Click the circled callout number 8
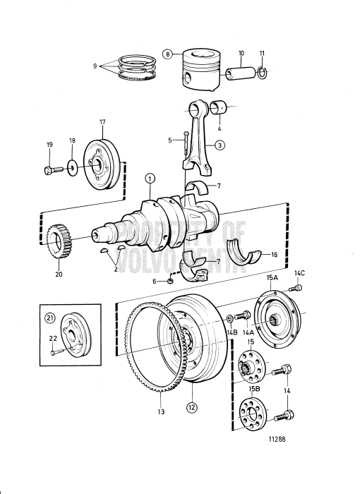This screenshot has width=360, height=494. pyautogui.click(x=167, y=53)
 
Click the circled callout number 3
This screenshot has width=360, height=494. pyautogui.click(x=220, y=146)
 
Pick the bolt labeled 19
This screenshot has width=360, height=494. pyautogui.click(x=51, y=170)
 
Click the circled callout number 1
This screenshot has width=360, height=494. pyautogui.click(x=150, y=180)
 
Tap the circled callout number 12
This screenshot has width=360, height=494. pyautogui.click(x=191, y=407)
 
